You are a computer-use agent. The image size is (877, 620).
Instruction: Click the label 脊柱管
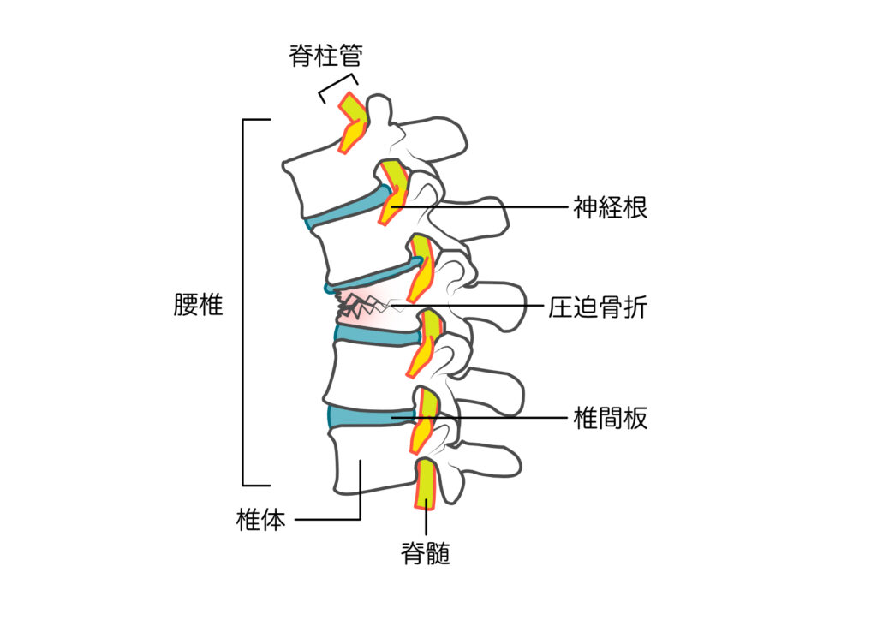(325, 57)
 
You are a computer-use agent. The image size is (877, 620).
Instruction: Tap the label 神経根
(610, 207)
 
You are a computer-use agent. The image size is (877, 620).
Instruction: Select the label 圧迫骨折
(597, 307)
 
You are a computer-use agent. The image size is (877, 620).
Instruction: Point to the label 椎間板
(610, 418)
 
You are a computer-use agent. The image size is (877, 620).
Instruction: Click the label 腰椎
(198, 306)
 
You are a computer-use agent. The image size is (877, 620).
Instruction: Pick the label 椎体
(260, 520)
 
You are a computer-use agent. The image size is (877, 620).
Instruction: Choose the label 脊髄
(426, 554)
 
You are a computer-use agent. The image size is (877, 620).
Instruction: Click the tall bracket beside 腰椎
(244, 300)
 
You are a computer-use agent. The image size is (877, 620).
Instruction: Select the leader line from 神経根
(480, 207)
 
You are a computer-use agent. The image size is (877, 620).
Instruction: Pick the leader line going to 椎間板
(497, 418)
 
